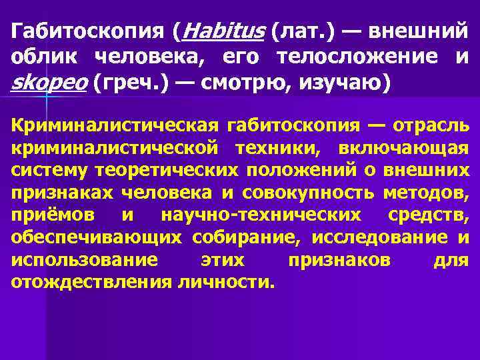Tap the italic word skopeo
[x=49, y=83]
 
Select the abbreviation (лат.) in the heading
[x=298, y=31]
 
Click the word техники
[x=278, y=148]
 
